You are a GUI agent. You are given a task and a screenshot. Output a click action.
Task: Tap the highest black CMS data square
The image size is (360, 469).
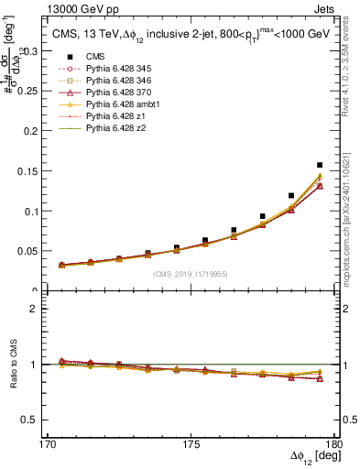pyautogui.click(x=320, y=166)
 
